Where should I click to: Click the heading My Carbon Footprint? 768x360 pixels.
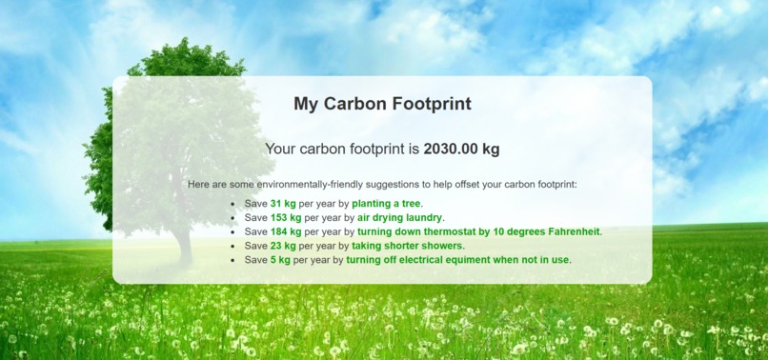click(382, 104)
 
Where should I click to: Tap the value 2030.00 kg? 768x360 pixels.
click(461, 149)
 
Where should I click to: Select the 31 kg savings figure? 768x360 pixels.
click(283, 204)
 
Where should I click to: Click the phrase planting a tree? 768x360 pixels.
click(386, 204)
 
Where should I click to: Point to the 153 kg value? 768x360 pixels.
click(286, 217)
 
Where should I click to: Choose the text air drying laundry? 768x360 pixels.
click(400, 217)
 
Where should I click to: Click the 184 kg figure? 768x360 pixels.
click(286, 231)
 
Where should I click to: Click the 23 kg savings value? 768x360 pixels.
click(283, 245)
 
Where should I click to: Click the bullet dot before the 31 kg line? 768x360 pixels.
click(232, 204)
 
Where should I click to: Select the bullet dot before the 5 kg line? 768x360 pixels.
click(232, 259)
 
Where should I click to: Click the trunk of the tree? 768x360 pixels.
click(184, 243)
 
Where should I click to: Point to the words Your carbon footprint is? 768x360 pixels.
click(342, 149)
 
